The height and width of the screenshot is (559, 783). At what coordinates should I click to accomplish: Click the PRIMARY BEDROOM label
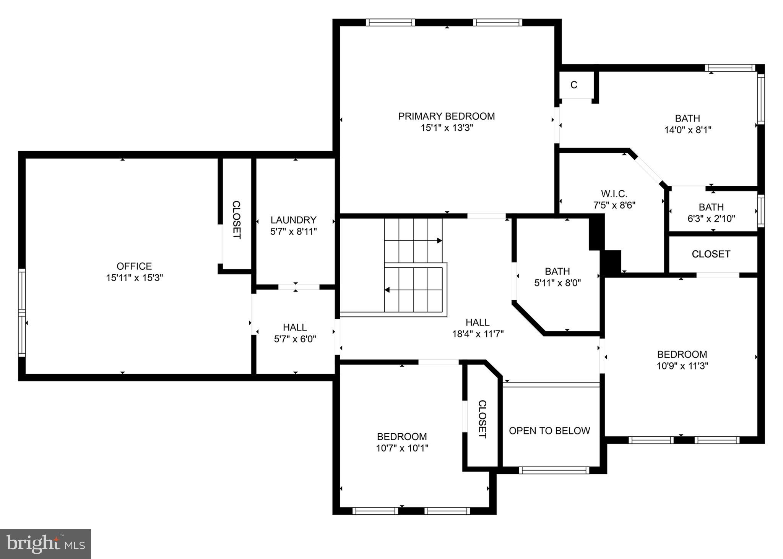pos(446,116)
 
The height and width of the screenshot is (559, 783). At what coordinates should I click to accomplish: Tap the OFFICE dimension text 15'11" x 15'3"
pos(135,278)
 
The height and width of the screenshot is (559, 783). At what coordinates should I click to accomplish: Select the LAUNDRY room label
pos(293,220)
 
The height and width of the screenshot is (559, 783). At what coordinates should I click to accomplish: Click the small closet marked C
pos(573,85)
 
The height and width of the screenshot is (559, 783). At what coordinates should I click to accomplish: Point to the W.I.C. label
pos(614,194)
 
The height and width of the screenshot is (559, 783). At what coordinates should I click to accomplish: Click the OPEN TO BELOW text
pos(549,431)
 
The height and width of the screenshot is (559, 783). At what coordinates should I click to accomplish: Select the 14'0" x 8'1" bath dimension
pos(687,130)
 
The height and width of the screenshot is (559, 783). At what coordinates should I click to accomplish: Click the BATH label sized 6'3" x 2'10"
pos(711,207)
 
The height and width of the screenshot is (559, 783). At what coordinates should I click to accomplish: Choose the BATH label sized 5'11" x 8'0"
pos(557,271)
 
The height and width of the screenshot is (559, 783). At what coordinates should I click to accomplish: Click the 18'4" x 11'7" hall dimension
pos(478,334)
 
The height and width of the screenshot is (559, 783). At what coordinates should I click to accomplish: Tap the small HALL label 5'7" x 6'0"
pos(294,327)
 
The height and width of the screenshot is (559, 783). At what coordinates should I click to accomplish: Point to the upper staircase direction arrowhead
pos(439,241)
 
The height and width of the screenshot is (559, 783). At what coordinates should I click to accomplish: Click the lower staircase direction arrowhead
pos(387,290)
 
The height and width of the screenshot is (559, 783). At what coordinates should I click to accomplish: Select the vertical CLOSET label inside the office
pos(237,220)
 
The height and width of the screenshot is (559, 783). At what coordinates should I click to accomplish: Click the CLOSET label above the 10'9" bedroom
pos(711,254)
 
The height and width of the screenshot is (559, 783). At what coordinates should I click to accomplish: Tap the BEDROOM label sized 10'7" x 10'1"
pos(401,436)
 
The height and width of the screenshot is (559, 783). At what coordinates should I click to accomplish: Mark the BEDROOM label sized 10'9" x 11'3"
pos(682,354)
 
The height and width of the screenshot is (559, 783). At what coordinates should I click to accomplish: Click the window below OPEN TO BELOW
pos(554,470)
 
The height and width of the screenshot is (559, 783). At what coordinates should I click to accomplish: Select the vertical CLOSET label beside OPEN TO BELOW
pos(482,419)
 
